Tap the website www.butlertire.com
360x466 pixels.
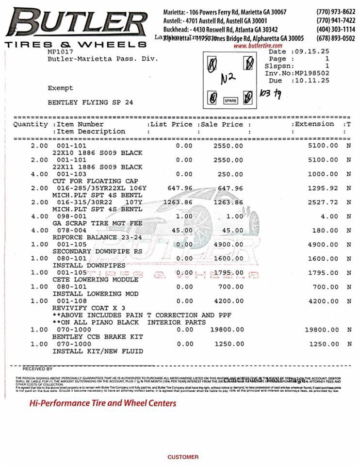click(x=258, y=46)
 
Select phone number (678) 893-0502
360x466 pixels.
click(x=335, y=38)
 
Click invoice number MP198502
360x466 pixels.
click(x=310, y=73)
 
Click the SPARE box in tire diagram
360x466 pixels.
click(x=230, y=101)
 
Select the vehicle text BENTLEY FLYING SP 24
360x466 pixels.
click(x=90, y=102)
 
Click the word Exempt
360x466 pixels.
click(x=60, y=88)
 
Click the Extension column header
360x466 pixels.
click(x=314, y=124)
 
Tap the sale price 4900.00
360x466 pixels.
click(x=228, y=245)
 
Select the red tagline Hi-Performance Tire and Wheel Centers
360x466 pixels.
click(x=103, y=403)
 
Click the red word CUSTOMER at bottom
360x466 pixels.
click(x=183, y=457)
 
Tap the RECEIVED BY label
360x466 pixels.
click(x=37, y=369)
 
